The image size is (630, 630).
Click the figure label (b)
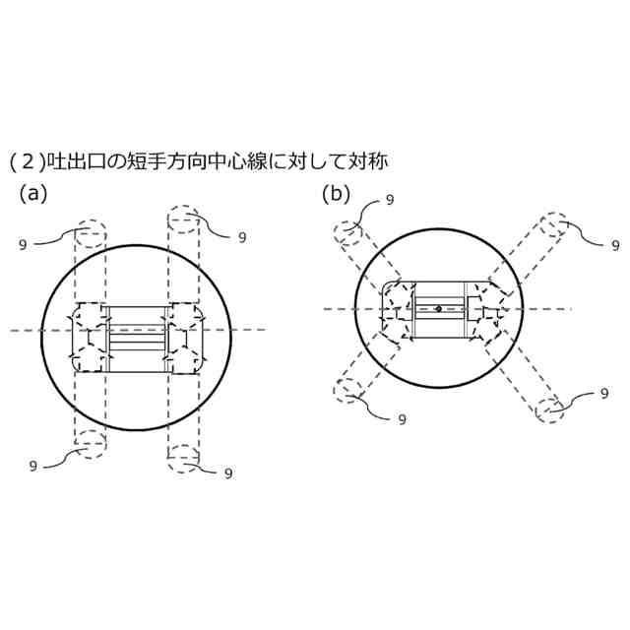click(337, 194)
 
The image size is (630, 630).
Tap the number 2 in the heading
click(27, 159)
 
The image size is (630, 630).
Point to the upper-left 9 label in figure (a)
click(22, 243)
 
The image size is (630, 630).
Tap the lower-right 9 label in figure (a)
click(228, 472)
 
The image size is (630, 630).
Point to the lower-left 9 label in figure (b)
click(402, 418)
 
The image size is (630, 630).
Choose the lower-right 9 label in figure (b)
click(603, 394)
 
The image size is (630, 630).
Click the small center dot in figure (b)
click(438, 309)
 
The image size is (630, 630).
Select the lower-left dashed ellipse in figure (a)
click(90, 443)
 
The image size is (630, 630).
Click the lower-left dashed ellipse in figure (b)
click(349, 391)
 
